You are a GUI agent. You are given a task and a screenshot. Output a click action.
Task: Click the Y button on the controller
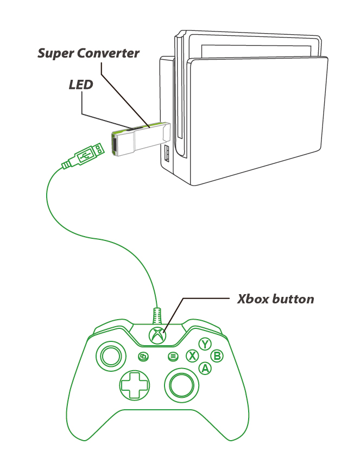(x=205, y=344)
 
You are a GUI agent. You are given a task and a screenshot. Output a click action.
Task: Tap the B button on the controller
(x=217, y=356)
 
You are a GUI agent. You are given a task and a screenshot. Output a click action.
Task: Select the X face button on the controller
(x=192, y=356)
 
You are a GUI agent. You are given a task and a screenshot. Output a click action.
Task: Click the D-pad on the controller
(x=134, y=386)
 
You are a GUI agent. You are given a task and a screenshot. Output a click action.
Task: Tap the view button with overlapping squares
(x=143, y=357)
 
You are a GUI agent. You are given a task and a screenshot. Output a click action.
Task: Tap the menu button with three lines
(x=173, y=357)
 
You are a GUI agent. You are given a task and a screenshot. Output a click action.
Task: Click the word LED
(x=81, y=85)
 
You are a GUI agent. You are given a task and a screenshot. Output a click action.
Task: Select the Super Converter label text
(x=89, y=54)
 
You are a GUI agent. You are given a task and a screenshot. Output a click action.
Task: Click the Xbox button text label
(x=275, y=299)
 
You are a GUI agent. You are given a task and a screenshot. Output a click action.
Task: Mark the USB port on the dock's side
(x=166, y=154)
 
